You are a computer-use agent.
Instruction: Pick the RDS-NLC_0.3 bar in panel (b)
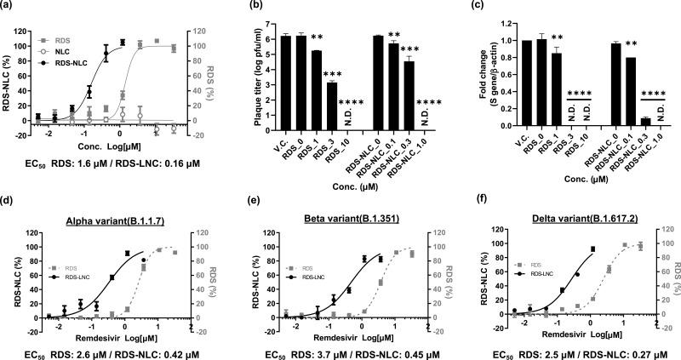pyautogui.click(x=409, y=93)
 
